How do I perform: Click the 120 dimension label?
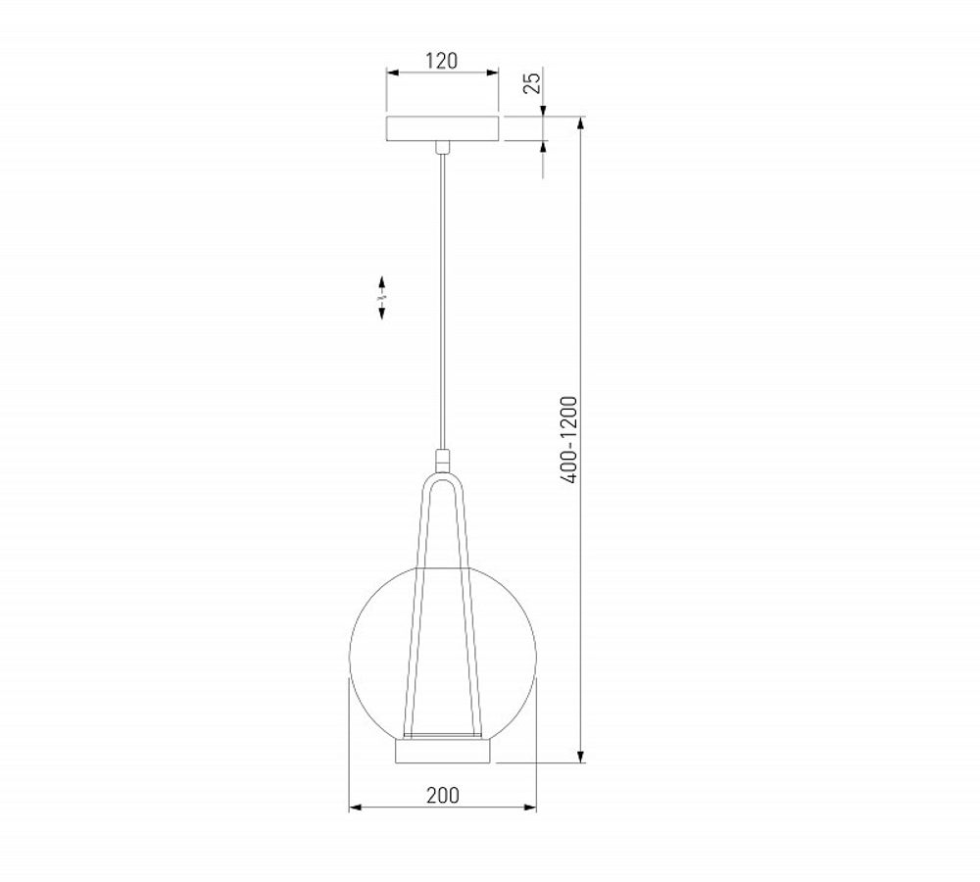[441, 61]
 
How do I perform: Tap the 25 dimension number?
[531, 82]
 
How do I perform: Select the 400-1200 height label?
[569, 437]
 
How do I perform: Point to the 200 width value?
[442, 795]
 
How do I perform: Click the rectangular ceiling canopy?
[443, 128]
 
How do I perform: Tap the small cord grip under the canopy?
[443, 148]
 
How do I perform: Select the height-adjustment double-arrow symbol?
[382, 295]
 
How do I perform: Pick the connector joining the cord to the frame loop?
[443, 460]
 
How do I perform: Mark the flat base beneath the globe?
[442, 753]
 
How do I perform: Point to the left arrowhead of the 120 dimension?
[390, 73]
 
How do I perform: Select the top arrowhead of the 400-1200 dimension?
[582, 122]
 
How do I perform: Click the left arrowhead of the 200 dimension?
[355, 808]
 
